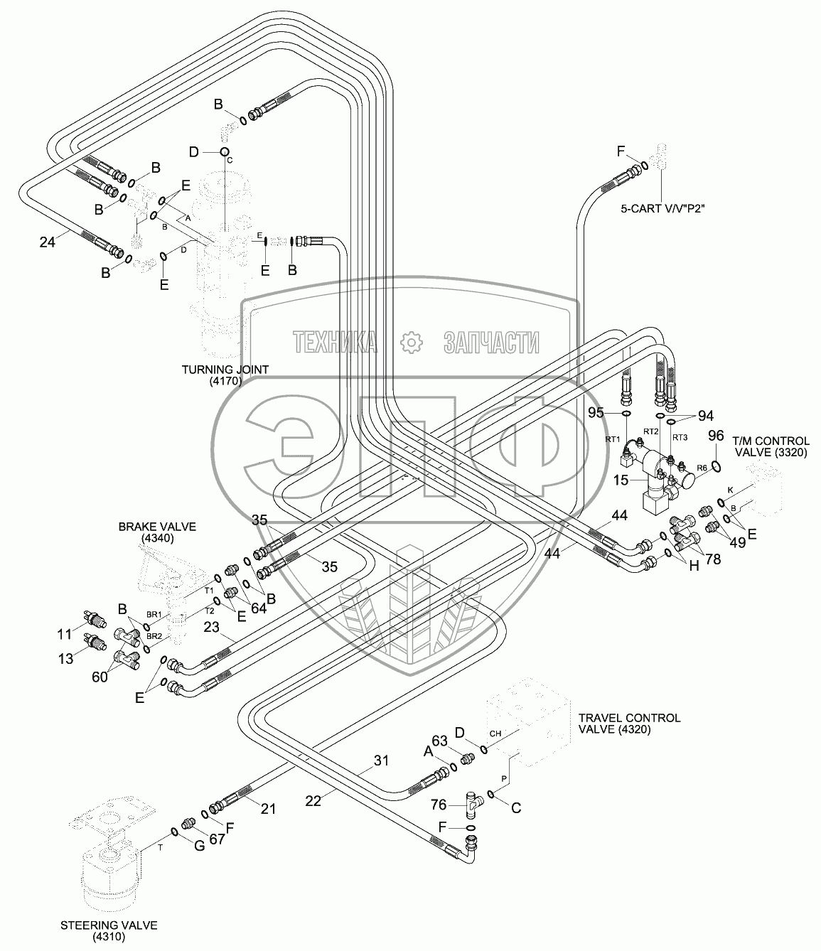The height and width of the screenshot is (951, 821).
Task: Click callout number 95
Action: pos(596,412)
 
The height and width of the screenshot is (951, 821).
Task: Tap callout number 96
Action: pos(717,436)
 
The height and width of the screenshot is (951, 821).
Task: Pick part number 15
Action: pos(621,480)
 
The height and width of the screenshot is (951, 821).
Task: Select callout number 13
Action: pos(65,659)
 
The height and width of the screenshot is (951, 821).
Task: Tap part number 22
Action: pos(313,800)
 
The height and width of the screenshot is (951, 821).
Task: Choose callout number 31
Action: pos(382,761)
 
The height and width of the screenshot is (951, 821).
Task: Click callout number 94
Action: pos(705,416)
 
